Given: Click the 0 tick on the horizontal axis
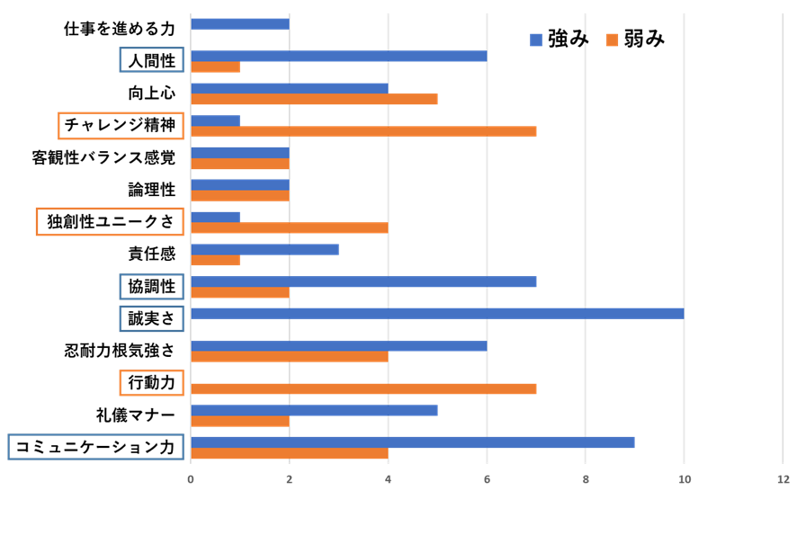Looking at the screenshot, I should coord(191,479).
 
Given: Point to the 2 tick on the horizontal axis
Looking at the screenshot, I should coord(289,479).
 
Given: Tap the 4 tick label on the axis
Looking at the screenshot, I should coord(388,479).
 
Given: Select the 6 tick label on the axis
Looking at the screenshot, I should coord(487,479).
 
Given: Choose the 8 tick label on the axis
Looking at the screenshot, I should coord(585,479).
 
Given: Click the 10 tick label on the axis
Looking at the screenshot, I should coord(685,479).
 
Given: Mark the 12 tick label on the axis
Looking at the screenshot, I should coord(783,479).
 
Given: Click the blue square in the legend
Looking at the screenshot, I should coord(536,40).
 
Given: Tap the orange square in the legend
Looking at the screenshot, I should coord(613,40).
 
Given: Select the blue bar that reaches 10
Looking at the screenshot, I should coord(436,314).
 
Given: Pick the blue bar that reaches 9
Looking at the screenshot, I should coord(412,442).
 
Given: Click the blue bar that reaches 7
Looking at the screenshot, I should coord(363,281).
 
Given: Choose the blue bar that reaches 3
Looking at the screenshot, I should coord(264,249).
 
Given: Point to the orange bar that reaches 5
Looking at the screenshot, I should coord(314,99).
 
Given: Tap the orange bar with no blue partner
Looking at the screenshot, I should coord(363,388).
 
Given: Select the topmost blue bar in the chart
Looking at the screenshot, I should coord(239,23).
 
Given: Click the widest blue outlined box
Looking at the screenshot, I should coord(95,447).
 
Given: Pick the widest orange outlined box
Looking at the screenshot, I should coord(110,221).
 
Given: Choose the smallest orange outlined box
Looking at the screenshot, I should coord(151,383).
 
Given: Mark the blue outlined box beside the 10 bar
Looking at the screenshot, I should coord(151,318).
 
